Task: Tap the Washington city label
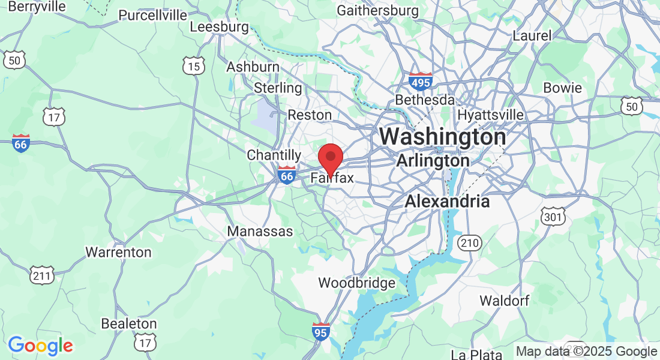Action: [x=442, y=137]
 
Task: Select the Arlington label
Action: [x=433, y=161]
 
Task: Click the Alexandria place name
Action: [x=447, y=202]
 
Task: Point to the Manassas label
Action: [x=260, y=231]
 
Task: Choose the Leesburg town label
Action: [x=219, y=27]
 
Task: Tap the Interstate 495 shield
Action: [x=419, y=82]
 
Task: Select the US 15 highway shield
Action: [x=194, y=66]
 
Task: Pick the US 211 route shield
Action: [x=42, y=275]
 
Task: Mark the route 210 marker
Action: [x=469, y=242]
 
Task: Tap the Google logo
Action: [x=40, y=346]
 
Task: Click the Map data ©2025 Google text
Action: [x=586, y=352]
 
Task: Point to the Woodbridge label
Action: [x=356, y=283]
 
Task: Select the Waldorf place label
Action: [x=504, y=301]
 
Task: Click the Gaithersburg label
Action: [x=377, y=10]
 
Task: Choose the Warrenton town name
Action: [x=118, y=252]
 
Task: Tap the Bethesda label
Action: [x=424, y=100]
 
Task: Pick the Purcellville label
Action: [x=152, y=15]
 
